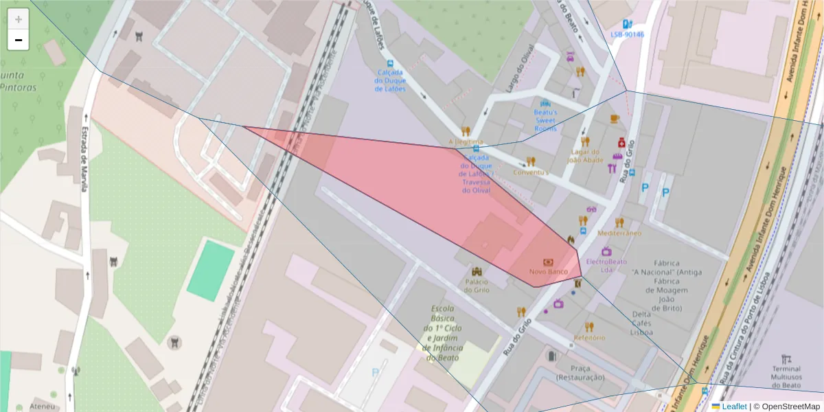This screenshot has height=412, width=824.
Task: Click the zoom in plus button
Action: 19,19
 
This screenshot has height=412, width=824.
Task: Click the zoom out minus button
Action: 19,40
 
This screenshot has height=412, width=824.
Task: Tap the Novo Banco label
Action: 548,272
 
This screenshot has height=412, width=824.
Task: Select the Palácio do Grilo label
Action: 477,286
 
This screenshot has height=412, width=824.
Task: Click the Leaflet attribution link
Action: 733,407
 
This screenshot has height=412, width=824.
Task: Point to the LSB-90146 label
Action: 627,34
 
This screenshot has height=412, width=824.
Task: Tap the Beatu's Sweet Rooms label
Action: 546,120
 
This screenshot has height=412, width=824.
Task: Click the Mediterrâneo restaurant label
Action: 619,233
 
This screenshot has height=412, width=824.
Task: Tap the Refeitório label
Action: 589,337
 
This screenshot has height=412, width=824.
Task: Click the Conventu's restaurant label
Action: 531,172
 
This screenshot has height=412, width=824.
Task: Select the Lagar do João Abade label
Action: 585,156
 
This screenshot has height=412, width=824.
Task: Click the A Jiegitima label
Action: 466,142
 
